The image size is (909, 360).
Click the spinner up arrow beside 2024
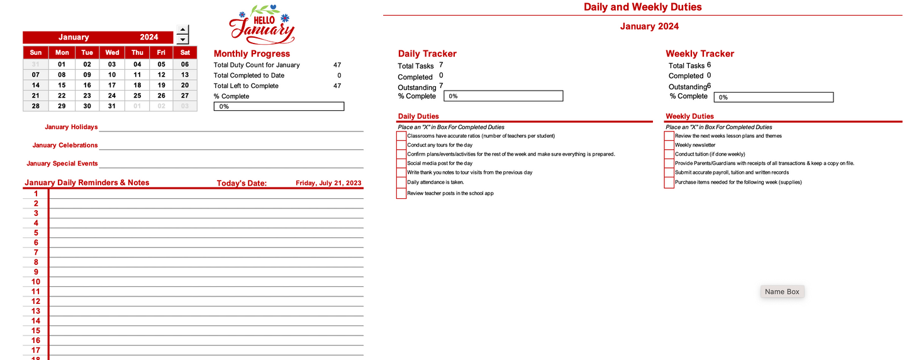point(182,30)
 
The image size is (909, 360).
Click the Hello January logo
point(262,24)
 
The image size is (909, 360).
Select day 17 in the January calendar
point(112,85)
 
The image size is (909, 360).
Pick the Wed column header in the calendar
point(112,52)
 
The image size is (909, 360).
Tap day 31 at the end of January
point(112,106)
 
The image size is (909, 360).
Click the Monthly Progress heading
point(252,53)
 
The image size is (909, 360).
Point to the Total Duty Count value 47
point(337,65)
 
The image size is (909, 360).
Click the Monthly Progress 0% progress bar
point(279,106)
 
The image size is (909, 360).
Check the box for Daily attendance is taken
point(401,182)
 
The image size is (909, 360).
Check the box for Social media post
point(401,163)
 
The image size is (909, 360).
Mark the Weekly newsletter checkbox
point(669,145)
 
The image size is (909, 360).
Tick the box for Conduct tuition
point(669,154)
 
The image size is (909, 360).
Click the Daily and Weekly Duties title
point(642,7)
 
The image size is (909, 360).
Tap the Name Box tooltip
point(782,291)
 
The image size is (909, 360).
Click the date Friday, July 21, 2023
point(328,183)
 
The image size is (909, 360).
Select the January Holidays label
point(71,127)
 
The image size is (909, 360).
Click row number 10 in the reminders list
point(36,281)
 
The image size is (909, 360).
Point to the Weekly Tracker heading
point(700,53)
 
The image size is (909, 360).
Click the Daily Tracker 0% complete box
point(503,96)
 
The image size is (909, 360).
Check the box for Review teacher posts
point(401,193)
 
